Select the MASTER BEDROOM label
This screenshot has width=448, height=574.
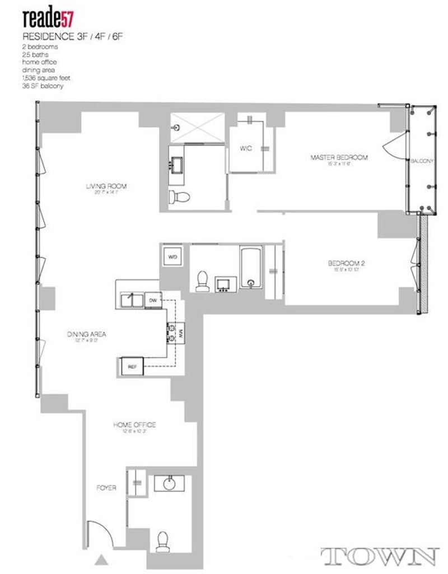pos(339,158)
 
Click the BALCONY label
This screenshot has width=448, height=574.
pos(422,161)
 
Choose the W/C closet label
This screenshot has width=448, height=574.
pos(246,149)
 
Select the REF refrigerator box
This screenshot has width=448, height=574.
pos(133,367)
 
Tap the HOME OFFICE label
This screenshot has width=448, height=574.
pos(134,425)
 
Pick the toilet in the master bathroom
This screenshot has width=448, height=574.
pos(180,197)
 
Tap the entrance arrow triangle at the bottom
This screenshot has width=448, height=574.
pos(101,559)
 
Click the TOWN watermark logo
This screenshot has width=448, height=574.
pos(379,556)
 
